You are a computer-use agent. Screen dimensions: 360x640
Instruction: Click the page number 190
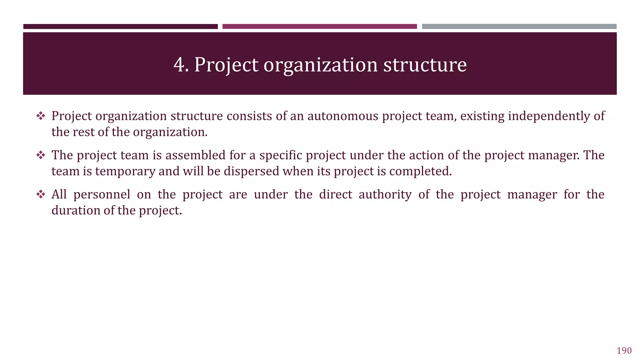tap(624, 351)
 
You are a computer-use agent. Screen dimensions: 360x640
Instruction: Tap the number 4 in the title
tap(179, 65)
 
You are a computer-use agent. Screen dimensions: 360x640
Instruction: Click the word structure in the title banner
tap(425, 65)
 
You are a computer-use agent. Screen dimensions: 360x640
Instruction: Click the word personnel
tap(102, 195)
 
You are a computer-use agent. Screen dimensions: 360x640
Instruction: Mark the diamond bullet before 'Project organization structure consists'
tap(41, 116)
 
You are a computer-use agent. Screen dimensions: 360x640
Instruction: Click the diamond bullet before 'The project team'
tap(41, 155)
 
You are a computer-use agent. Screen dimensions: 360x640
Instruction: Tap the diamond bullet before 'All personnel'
tap(41, 194)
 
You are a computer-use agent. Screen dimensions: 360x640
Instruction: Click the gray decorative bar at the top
tap(519, 27)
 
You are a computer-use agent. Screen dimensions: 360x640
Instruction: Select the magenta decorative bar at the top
tap(319, 27)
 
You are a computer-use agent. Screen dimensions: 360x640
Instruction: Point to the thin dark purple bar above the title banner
tap(120, 27)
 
